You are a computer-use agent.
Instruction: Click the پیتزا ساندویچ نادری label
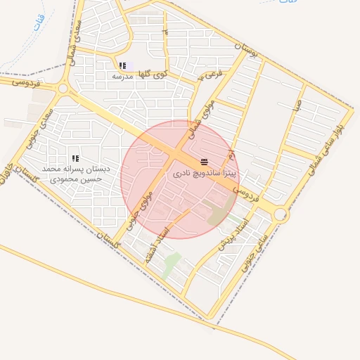coord(205,172)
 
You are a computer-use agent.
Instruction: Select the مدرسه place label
coord(123,75)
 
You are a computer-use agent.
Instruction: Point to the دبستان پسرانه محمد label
coord(72,169)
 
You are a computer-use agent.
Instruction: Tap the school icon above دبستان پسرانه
coord(75,158)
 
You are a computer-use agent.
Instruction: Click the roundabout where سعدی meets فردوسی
coord(63,89)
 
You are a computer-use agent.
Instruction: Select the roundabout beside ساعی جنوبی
coord(281,214)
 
